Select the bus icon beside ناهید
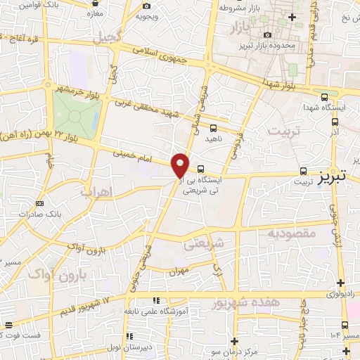pos(213,128)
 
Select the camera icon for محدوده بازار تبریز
pos(267,35)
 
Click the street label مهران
pos(179,269)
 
